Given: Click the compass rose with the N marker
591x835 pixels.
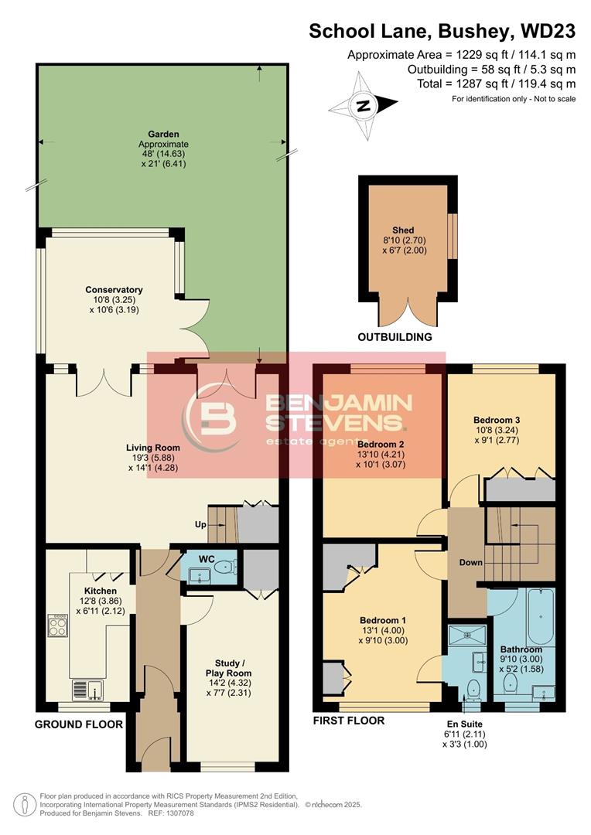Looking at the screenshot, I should [363, 104].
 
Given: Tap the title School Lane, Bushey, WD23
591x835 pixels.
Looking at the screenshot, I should [442, 31].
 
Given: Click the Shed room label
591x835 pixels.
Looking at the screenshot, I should [403, 230].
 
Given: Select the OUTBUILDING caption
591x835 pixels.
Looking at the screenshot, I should [395, 338].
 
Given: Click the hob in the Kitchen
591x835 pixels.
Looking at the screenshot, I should [59, 625].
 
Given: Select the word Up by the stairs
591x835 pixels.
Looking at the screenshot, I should [201, 524].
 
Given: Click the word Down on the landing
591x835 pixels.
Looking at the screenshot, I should [471, 562].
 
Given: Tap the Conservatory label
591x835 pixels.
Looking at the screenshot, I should [114, 290].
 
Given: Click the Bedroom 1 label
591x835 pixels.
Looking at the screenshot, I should [383, 620].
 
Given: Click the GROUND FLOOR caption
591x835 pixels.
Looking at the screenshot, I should [79, 724].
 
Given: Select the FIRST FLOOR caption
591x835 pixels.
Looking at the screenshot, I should [349, 721].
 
